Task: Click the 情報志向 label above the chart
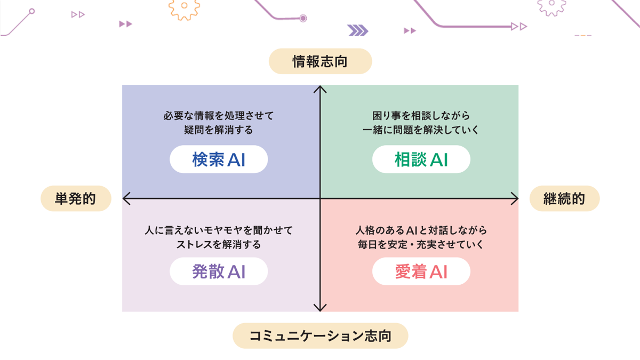tap(320, 61)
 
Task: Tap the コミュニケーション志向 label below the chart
tap(320, 336)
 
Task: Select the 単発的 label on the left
tap(76, 199)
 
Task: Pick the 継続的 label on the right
tap(564, 199)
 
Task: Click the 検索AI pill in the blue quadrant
tap(219, 159)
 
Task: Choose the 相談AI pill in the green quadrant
tap(421, 159)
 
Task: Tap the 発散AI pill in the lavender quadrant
tap(219, 272)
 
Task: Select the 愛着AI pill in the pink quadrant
tap(421, 272)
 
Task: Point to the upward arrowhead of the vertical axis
tap(320, 89)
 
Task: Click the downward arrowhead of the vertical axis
tap(320, 308)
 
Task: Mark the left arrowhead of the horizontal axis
tap(126, 199)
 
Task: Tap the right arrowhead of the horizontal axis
tap(515, 199)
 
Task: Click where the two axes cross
tap(320, 199)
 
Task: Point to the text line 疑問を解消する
tap(219, 130)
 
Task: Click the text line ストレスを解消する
tap(219, 245)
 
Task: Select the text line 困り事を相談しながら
tap(421, 115)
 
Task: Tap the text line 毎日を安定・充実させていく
tap(421, 245)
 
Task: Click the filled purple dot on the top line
tap(303, 19)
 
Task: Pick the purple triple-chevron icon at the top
tap(358, 30)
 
